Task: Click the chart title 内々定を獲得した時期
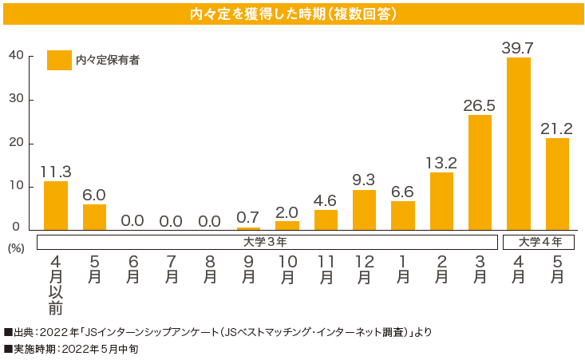pos(293,14)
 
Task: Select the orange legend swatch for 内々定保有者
pos(59,61)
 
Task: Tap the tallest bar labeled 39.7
pos(518,144)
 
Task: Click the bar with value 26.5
pos(480,172)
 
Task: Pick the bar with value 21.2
pos(557,184)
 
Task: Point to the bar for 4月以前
pos(56,206)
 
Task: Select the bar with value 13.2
pos(441,201)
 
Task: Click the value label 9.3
pos(364,179)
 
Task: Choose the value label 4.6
pos(326,200)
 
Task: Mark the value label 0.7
pos(248,217)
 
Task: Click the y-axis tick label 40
pos(16,55)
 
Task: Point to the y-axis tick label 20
pos(16,143)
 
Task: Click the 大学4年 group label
pos(540,241)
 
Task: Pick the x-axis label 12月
pos(364,270)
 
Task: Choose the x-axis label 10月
pos(287,270)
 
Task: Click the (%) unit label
pos(15,248)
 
